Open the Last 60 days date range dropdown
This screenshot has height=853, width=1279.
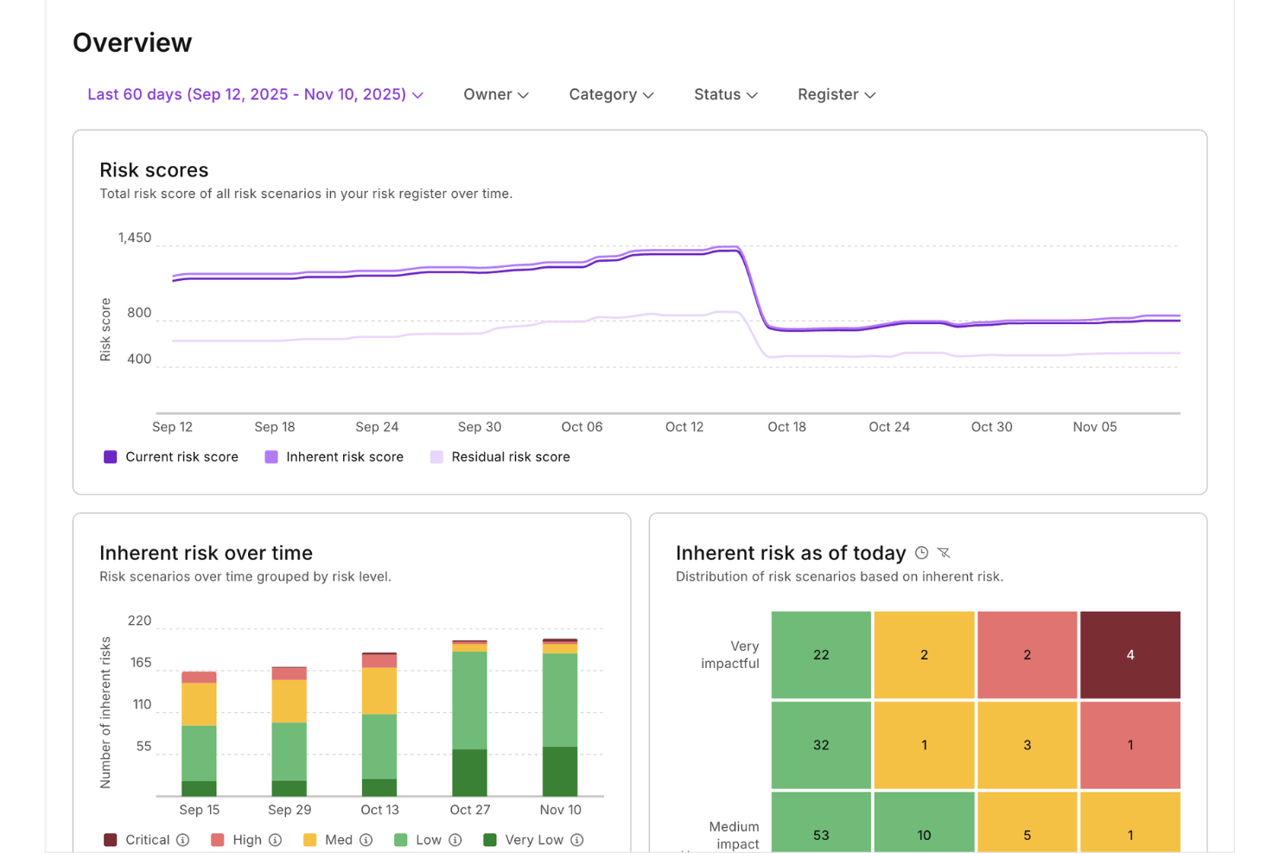pyautogui.click(x=255, y=94)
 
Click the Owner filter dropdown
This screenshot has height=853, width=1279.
pyautogui.click(x=495, y=94)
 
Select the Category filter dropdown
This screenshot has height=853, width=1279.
pyautogui.click(x=610, y=94)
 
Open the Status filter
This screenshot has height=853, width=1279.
pyautogui.click(x=725, y=94)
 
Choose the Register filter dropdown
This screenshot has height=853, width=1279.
pyautogui.click(x=836, y=94)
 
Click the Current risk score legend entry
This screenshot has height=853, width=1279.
pyautogui.click(x=171, y=456)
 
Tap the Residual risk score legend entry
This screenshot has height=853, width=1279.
pyautogui.click(x=500, y=456)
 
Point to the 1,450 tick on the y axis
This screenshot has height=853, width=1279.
pyautogui.click(x=135, y=238)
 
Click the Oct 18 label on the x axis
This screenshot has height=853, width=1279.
pyautogui.click(x=786, y=427)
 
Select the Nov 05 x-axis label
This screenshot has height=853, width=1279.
pyautogui.click(x=1094, y=427)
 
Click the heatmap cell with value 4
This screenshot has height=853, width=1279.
pyautogui.click(x=1129, y=654)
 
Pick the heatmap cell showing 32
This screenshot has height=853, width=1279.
pyautogui.click(x=821, y=744)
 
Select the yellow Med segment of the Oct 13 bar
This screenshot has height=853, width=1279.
pyautogui.click(x=379, y=691)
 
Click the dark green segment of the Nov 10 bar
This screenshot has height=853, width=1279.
pyautogui.click(x=560, y=771)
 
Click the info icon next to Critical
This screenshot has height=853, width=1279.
pyautogui.click(x=183, y=840)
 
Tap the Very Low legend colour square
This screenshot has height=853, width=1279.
pyautogui.click(x=490, y=840)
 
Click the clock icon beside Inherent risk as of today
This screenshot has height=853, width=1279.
pyautogui.click(x=921, y=553)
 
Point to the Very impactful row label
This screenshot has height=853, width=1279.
pyautogui.click(x=730, y=654)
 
